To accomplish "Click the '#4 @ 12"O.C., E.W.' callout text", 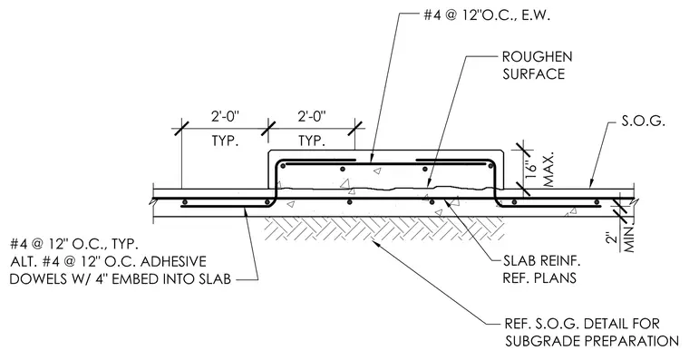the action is [487, 15].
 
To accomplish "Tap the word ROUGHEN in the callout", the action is [537, 57].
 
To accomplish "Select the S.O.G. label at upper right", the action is [643, 121].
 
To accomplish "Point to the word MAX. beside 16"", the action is [548, 170].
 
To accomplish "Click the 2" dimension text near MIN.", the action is [610, 238].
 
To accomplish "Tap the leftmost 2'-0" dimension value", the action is [225, 116].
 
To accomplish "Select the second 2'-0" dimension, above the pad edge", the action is [312, 116].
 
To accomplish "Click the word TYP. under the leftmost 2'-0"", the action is [225, 141].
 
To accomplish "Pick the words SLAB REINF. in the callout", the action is [542, 261].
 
